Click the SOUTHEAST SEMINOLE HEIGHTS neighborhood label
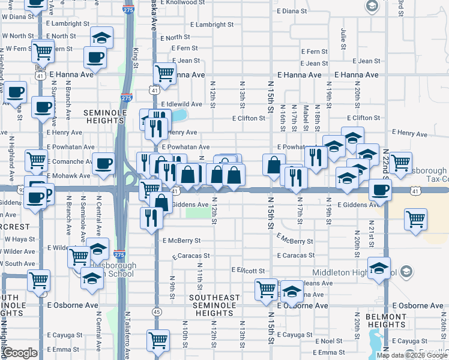point(214,305)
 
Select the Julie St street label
point(344,38)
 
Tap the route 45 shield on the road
point(157,311)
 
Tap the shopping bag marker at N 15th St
point(274,164)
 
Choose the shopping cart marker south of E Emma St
point(158,340)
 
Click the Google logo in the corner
point(20,353)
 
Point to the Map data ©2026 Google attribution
point(412,355)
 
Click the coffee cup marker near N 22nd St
point(380,190)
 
